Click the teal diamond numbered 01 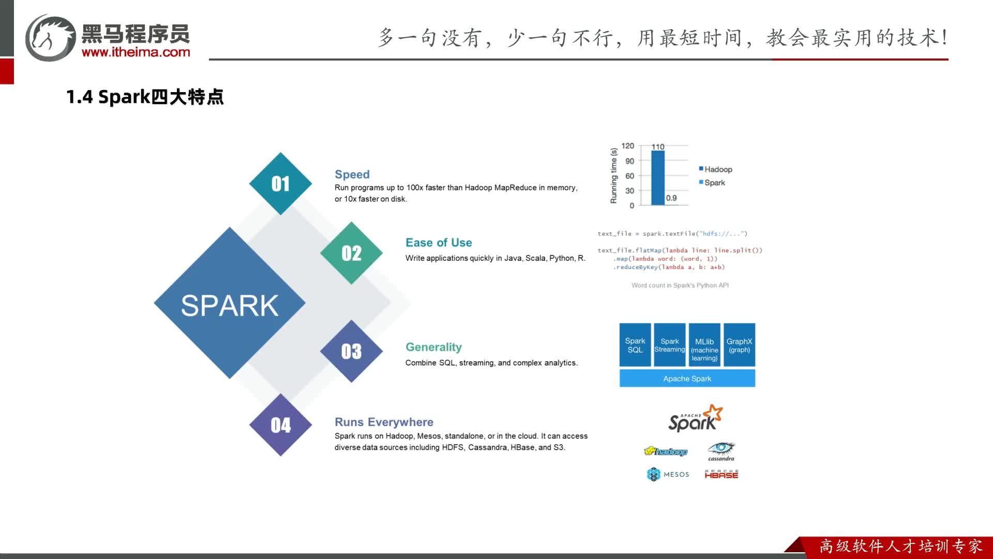pos(280,184)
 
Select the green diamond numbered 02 pos(352,253)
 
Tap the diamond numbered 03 pos(352,351)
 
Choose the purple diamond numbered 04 pos(280,425)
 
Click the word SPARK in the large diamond pos(230,305)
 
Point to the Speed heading pos(352,174)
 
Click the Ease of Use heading pos(439,243)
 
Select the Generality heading pos(433,347)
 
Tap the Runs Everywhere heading pos(384,422)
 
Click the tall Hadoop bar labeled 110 pos(658,178)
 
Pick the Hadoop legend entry pos(715,169)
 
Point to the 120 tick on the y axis pos(627,146)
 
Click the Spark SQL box pos(635,345)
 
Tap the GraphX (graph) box pos(740,345)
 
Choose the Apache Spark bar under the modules pos(687,378)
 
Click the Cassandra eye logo pos(721,451)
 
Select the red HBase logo pos(721,474)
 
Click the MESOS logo pos(668,474)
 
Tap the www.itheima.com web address pos(136,52)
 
